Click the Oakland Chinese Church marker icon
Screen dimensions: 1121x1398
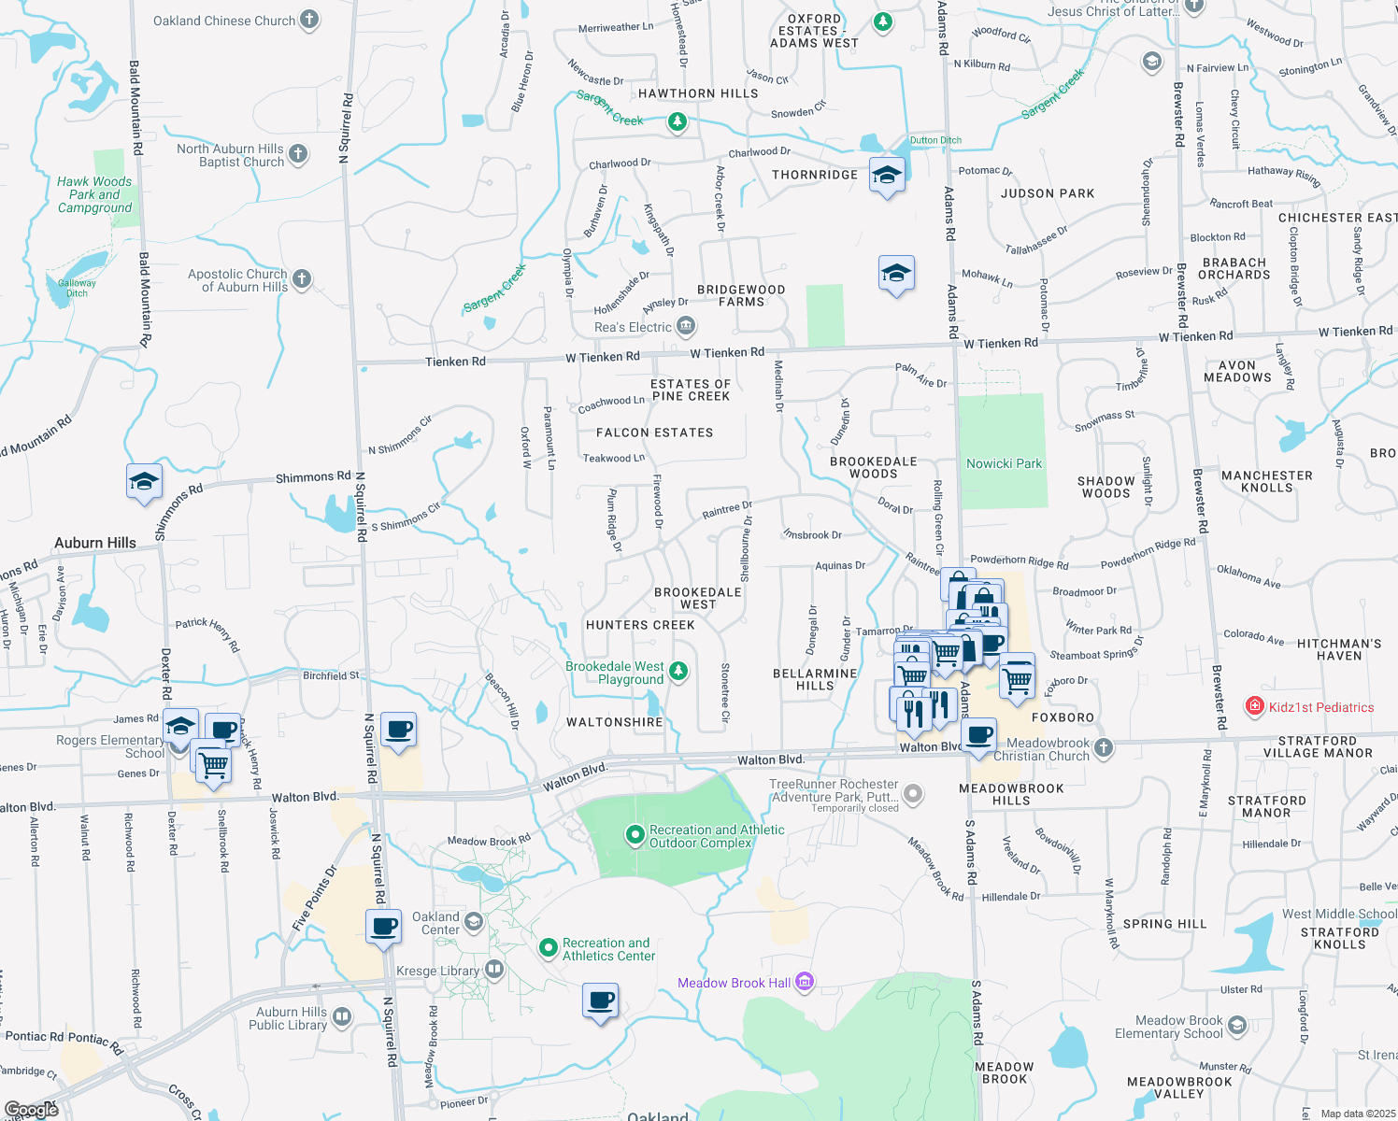309,20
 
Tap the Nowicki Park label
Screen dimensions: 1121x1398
1004,463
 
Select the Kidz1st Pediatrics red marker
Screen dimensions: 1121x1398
1255,707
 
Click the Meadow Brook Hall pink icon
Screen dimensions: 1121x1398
805,983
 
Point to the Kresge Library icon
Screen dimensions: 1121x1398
493,971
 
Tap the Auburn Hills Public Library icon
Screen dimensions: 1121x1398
342,1017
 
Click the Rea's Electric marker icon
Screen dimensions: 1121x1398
686,326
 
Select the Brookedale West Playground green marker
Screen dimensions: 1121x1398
678,671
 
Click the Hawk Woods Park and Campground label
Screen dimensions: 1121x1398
94,194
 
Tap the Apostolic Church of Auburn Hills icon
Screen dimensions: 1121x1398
301,278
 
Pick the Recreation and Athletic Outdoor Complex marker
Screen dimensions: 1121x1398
635,832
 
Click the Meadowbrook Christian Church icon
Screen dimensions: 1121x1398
1104,747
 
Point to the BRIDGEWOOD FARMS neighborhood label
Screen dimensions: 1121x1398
741,295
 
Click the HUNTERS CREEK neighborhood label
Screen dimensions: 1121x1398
640,625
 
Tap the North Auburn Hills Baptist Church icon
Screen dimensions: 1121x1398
298,153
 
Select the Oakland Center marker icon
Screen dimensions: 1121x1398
473,922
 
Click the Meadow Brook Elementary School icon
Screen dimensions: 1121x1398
1237,1026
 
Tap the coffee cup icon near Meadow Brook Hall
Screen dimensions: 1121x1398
600,1000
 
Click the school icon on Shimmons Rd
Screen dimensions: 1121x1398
144,482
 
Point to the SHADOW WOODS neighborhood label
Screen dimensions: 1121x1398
1106,487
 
